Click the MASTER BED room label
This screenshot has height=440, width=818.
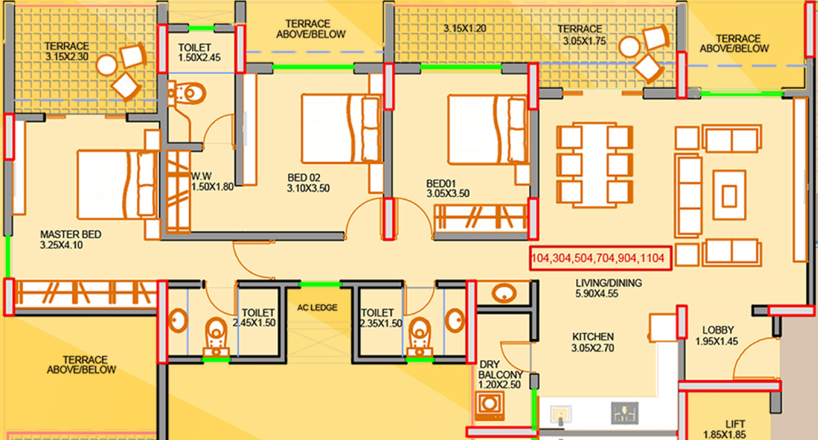(x=71, y=234)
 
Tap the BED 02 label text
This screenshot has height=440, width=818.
(x=304, y=178)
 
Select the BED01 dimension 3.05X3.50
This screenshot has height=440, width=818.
(x=448, y=193)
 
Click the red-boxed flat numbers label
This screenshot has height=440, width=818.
(x=600, y=259)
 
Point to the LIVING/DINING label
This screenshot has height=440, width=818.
(x=609, y=283)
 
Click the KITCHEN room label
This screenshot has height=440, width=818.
(x=593, y=337)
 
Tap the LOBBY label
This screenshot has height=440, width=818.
(x=718, y=330)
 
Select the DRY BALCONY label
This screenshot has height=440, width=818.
(x=500, y=369)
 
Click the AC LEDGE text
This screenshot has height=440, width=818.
(x=317, y=308)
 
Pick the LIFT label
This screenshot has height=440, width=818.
(x=735, y=424)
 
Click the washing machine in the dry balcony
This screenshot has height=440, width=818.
(x=490, y=405)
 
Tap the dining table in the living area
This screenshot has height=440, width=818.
(x=595, y=165)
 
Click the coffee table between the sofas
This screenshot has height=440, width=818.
(x=729, y=195)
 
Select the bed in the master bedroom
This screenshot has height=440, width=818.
(x=117, y=185)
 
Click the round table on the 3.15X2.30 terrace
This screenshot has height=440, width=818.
(x=106, y=65)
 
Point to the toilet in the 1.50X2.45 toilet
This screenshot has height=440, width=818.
(x=187, y=93)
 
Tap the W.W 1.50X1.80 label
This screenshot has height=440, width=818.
(x=212, y=181)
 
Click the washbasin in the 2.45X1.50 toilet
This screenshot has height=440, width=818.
(x=178, y=321)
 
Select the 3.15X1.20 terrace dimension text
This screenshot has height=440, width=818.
(x=465, y=29)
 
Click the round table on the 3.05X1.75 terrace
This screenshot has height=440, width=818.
(x=630, y=47)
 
